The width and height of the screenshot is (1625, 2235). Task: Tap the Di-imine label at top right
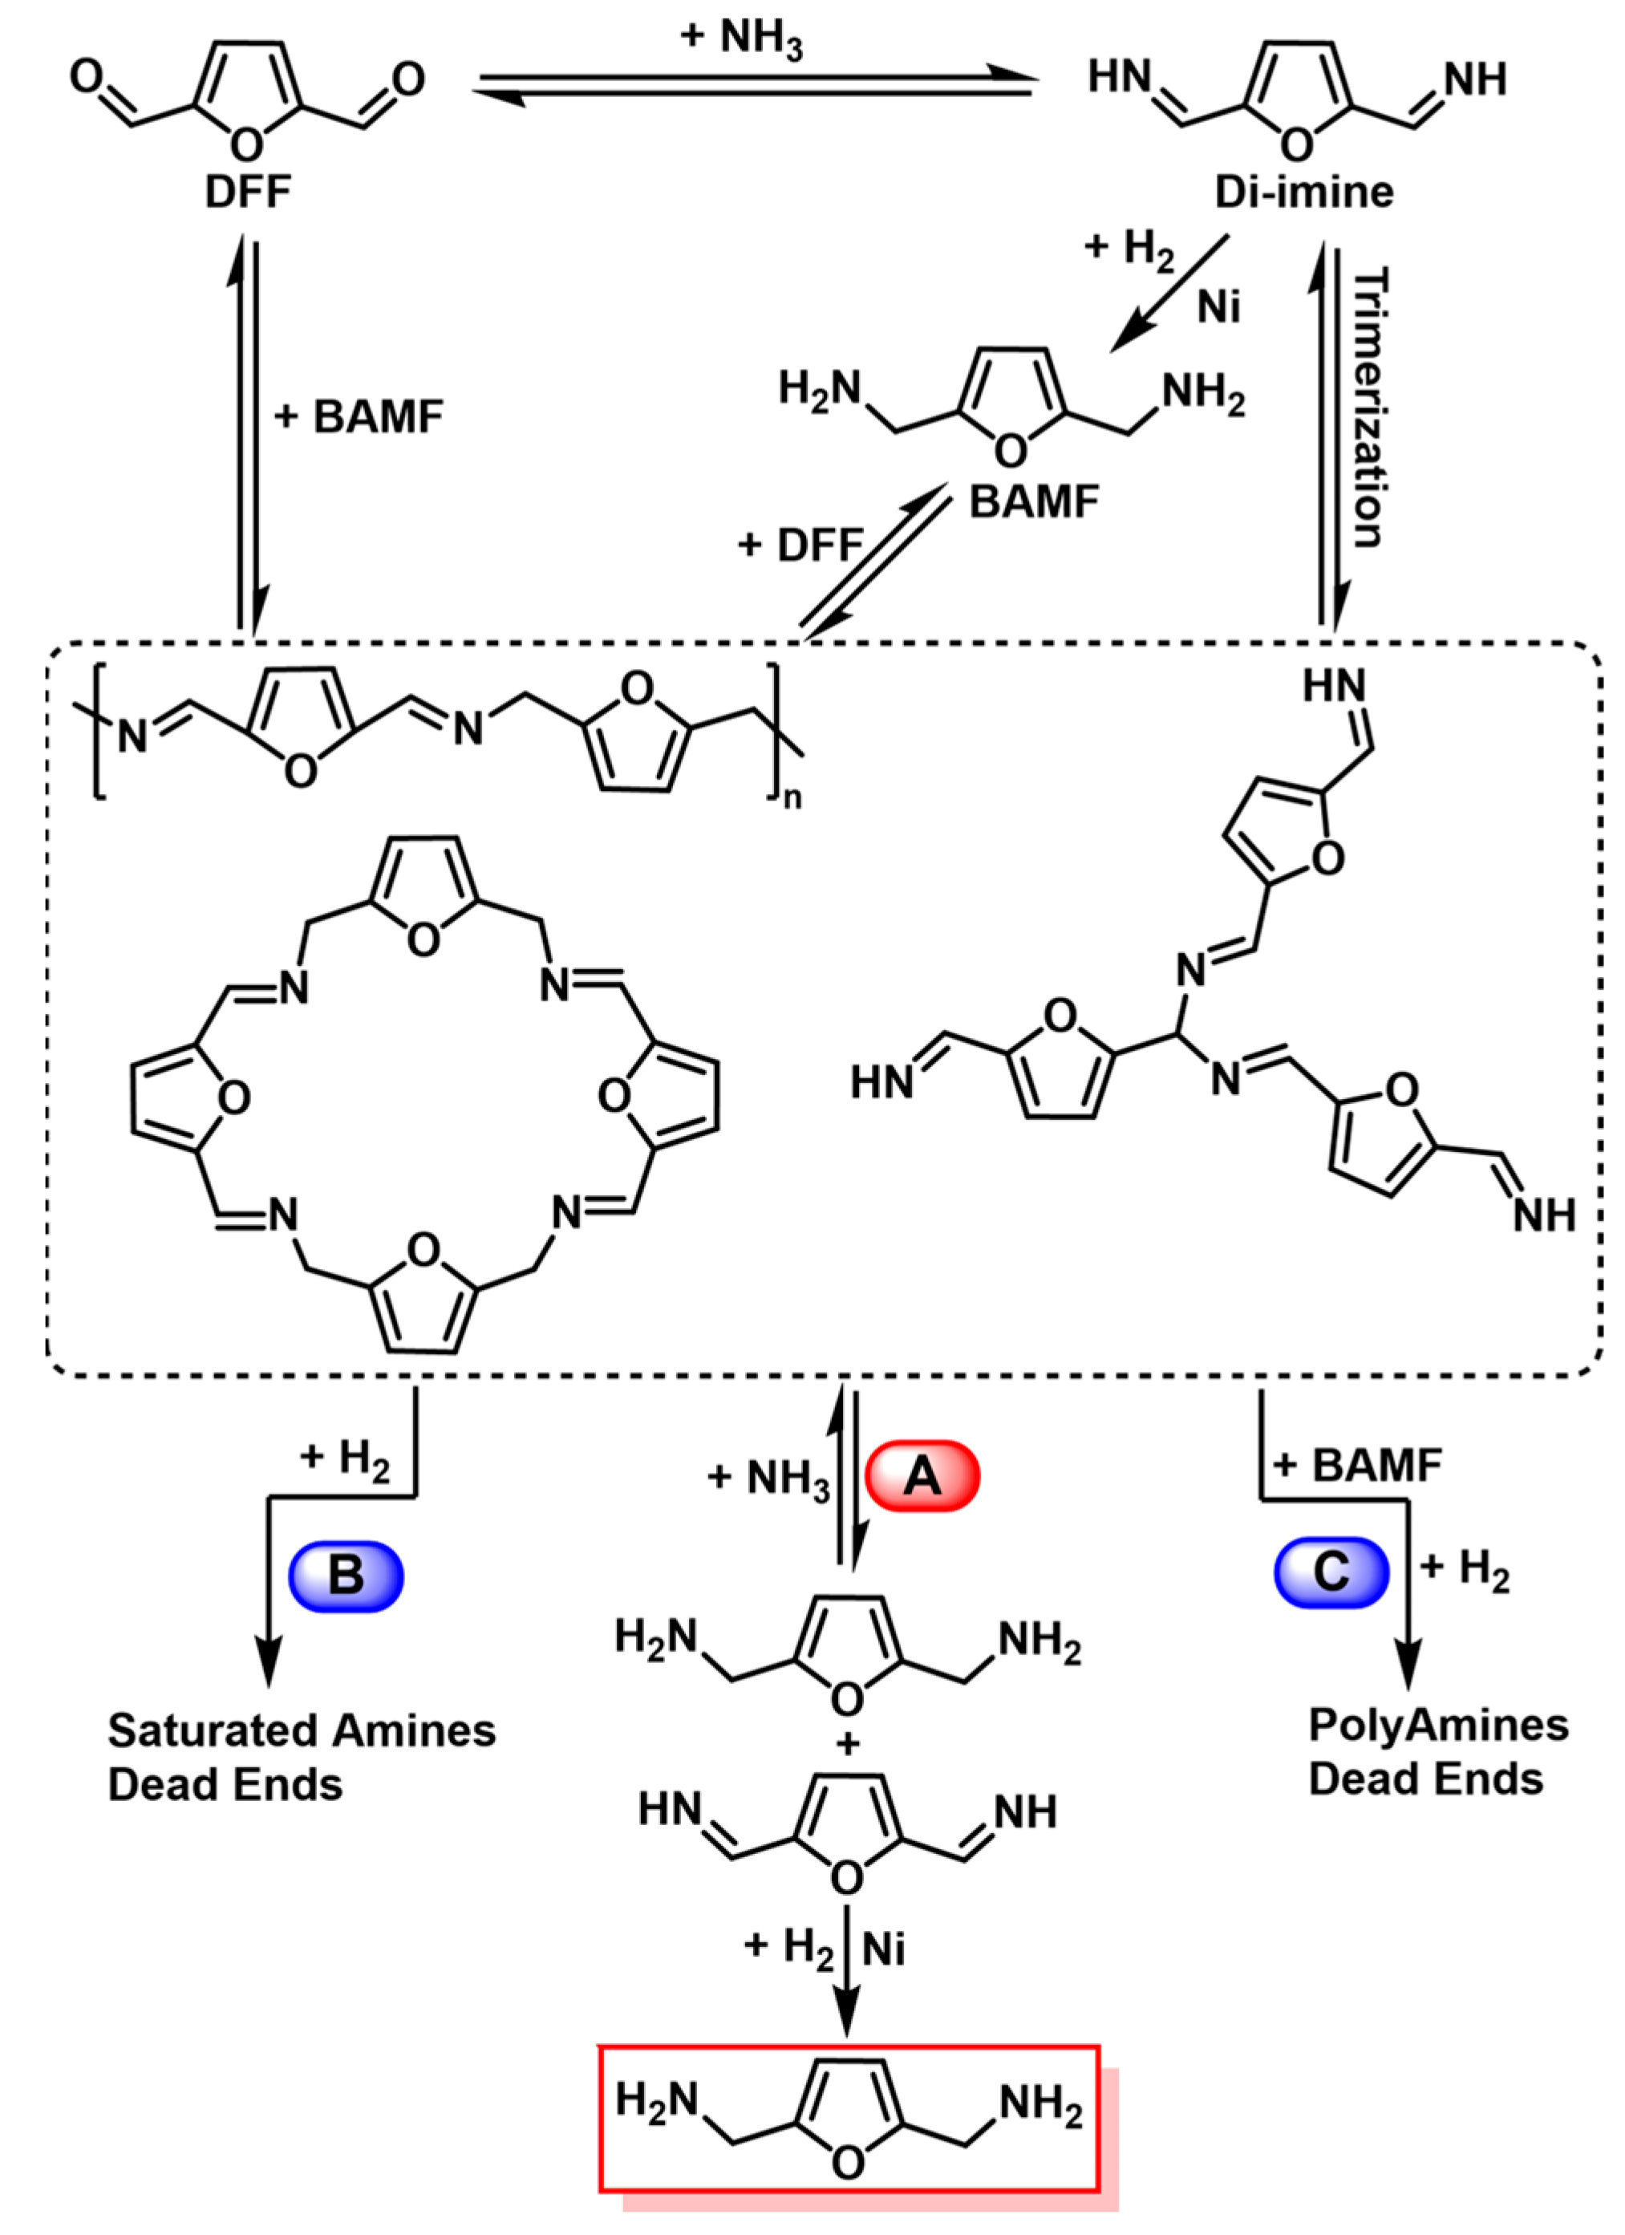click(x=1303, y=191)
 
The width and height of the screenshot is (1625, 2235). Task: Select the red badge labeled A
click(x=922, y=1475)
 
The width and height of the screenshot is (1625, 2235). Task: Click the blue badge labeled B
click(x=346, y=1575)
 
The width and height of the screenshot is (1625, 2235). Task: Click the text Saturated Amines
click(x=302, y=1730)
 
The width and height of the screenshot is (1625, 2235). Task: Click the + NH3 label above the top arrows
click(x=741, y=39)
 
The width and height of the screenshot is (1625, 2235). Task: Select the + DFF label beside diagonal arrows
click(x=800, y=544)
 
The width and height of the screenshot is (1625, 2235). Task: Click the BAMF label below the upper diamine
click(x=1034, y=502)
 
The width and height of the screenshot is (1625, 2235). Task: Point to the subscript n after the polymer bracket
click(x=793, y=797)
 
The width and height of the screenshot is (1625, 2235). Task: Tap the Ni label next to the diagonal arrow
click(x=1219, y=308)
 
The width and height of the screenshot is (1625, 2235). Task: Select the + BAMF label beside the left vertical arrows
click(x=359, y=417)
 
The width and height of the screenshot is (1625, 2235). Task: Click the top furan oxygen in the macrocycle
click(x=423, y=940)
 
